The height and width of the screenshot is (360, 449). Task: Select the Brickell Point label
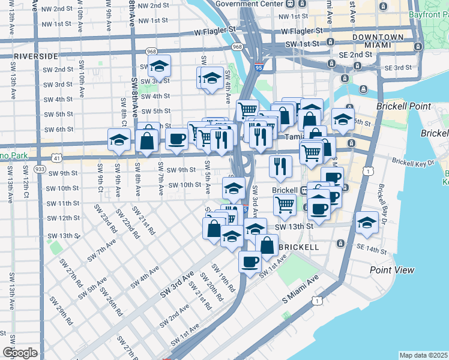403,106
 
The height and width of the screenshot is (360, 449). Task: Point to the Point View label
392,270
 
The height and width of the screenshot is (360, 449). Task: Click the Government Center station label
249,4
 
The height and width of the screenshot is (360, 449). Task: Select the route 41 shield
55,158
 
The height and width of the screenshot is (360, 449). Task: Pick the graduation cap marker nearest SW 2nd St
160,66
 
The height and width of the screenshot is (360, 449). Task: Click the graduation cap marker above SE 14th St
367,223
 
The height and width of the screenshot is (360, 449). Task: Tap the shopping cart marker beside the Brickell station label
285,205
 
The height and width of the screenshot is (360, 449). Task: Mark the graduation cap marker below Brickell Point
343,119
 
